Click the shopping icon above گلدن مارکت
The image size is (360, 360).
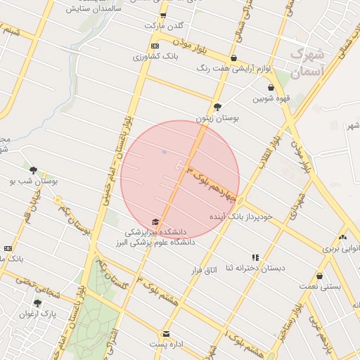163,15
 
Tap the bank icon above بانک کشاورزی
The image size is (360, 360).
154,46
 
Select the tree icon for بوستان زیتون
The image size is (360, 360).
217,107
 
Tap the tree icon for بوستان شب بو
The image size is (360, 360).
33,169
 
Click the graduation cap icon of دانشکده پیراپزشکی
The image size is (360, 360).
155,221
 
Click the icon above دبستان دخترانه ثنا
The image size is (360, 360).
255,258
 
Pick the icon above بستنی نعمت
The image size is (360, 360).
320,276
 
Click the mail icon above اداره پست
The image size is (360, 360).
166,334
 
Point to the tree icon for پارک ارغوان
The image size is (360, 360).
37,303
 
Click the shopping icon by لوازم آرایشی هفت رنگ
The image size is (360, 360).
233,58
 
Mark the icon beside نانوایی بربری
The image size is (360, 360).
342,238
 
